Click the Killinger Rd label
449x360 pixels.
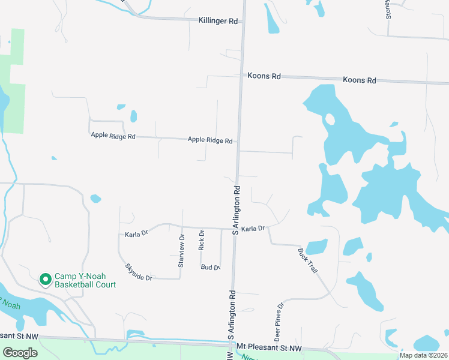point(218,20)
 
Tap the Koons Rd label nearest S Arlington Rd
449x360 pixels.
point(264,76)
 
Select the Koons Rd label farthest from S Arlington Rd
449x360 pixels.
point(359,80)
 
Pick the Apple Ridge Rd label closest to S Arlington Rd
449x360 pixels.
point(210,140)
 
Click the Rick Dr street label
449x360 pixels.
point(202,241)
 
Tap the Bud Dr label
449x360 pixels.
point(211,267)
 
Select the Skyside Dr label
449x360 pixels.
point(139,272)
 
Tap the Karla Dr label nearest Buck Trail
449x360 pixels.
point(253,229)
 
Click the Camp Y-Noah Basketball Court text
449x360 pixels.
point(85,280)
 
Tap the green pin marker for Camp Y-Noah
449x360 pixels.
point(45,280)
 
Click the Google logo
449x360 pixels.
point(20,353)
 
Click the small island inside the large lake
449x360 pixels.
point(330,119)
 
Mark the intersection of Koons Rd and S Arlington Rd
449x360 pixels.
point(241,76)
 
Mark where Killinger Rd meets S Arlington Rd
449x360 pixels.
point(243,21)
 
